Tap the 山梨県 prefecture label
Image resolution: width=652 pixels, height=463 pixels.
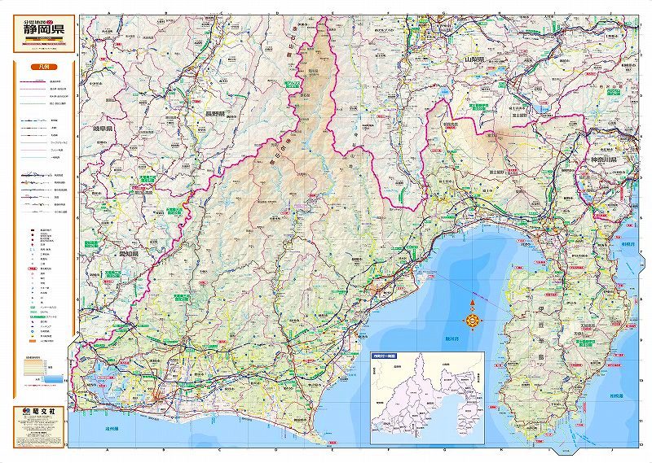tap(474, 60)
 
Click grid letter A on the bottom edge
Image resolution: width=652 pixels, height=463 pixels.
tap(108, 448)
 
